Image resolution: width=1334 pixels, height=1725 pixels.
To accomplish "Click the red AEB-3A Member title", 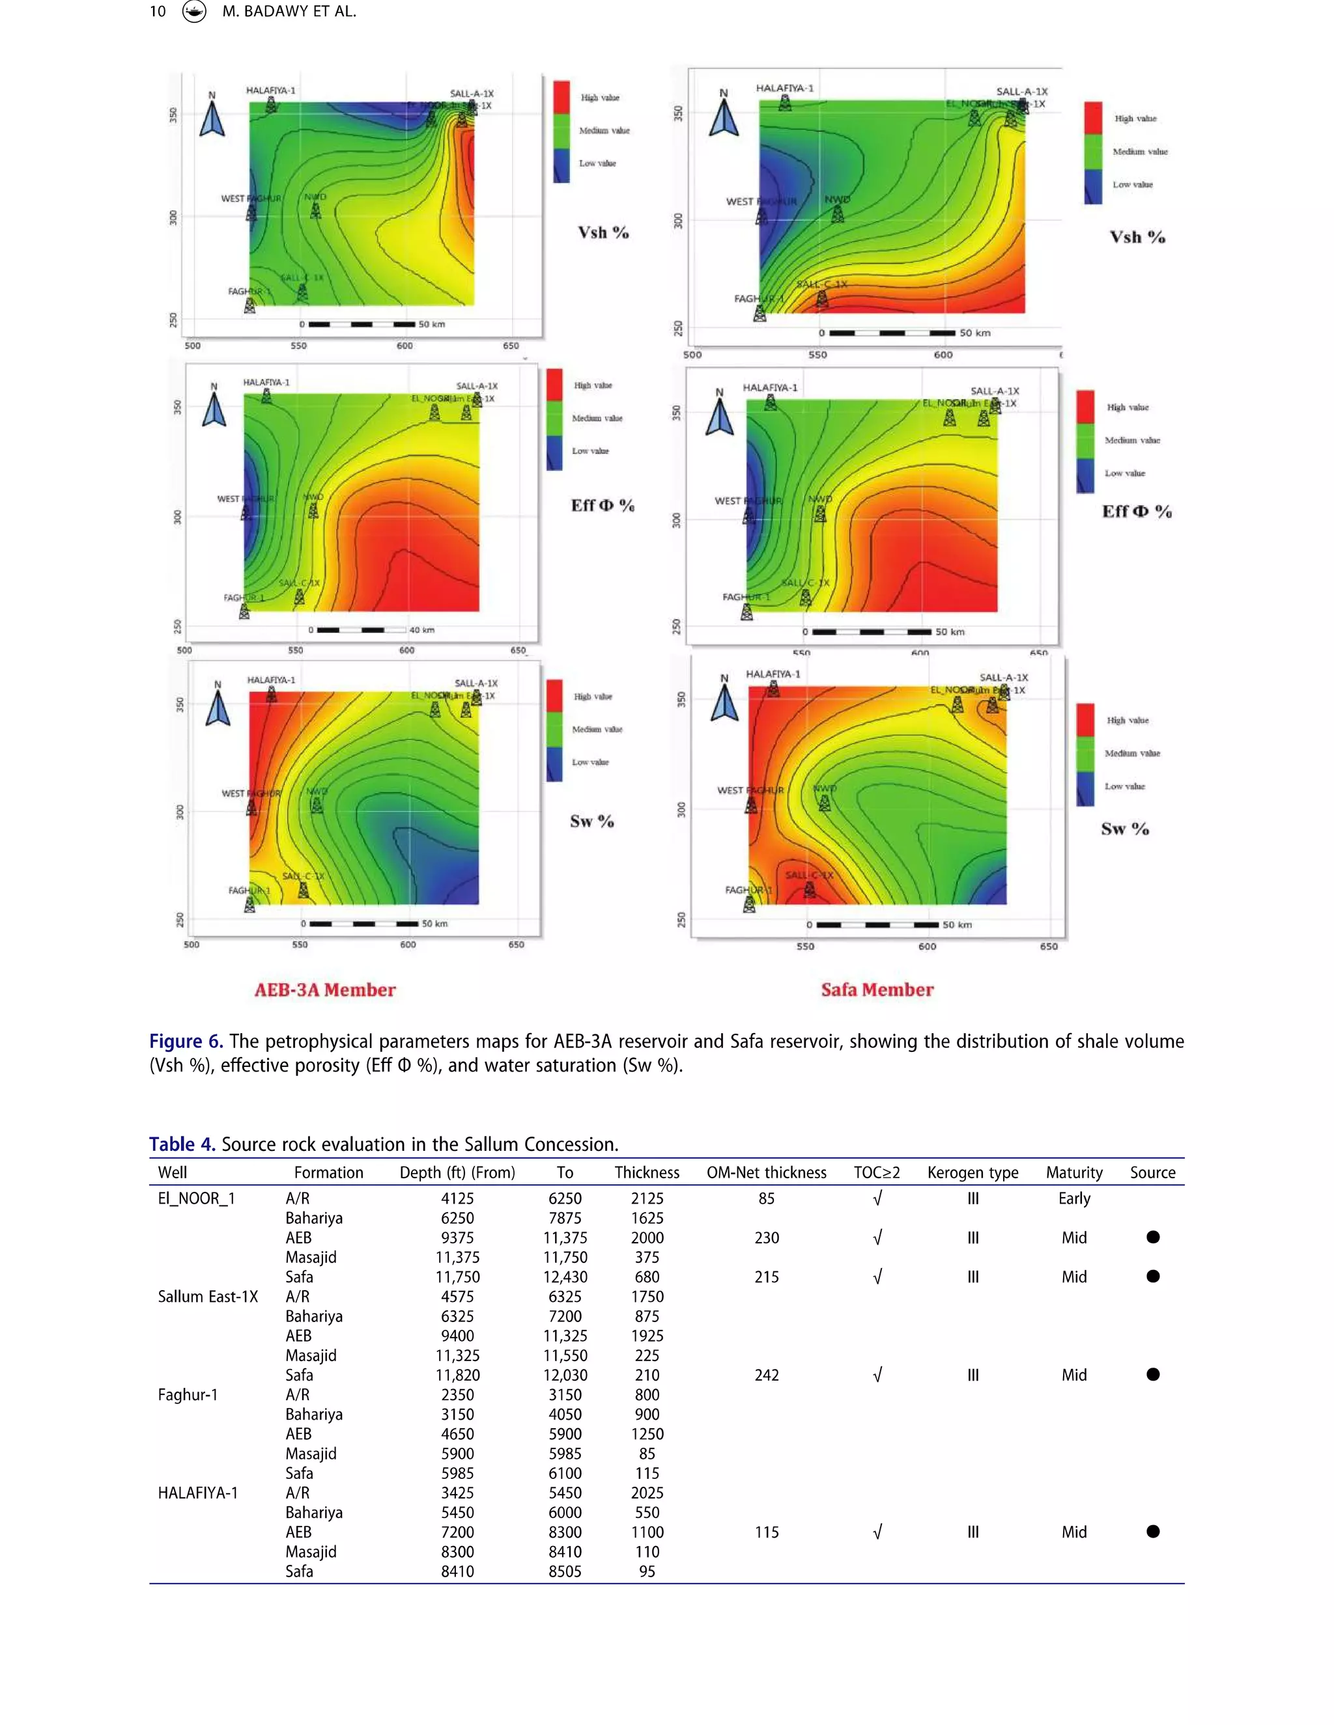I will click(325, 989).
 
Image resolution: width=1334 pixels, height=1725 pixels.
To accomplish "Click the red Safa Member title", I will click(877, 989).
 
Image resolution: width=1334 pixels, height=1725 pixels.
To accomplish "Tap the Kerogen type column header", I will click(973, 1173).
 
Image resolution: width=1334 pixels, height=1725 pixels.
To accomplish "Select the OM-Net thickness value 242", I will click(767, 1375).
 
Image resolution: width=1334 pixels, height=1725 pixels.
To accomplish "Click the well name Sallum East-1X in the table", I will click(208, 1297).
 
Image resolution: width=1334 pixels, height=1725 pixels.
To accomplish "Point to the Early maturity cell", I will click(1074, 1199).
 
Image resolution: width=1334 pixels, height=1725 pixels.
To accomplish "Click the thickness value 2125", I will click(647, 1199).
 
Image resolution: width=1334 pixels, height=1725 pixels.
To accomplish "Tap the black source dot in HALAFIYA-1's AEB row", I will click(1153, 1532).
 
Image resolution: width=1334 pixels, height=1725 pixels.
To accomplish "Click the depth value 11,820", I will click(457, 1375).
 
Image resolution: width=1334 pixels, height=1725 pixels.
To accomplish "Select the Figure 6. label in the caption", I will click(186, 1042).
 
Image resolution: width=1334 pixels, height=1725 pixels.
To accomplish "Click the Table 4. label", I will click(182, 1144).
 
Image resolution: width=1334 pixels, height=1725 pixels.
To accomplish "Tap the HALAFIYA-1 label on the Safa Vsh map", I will click(784, 88).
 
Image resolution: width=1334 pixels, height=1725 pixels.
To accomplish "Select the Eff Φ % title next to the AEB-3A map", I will click(603, 506).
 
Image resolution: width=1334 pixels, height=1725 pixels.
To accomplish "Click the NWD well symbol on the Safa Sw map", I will click(824, 803).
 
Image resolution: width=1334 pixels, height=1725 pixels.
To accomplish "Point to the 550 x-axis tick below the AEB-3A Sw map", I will click(300, 945).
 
